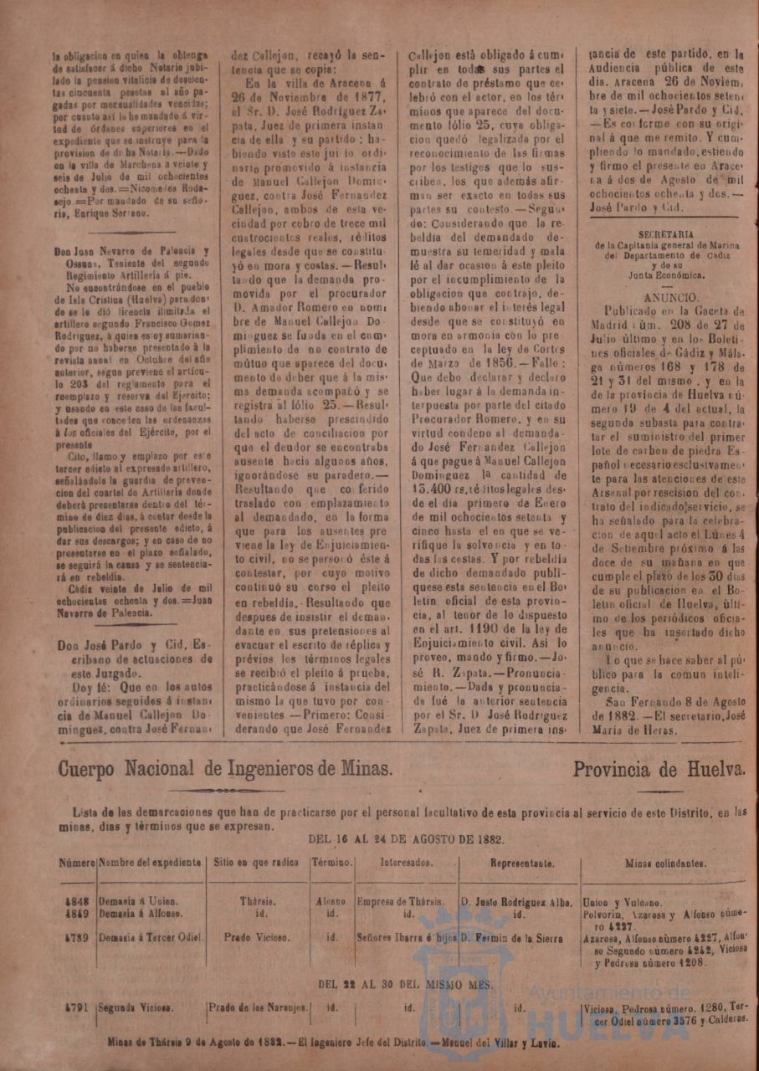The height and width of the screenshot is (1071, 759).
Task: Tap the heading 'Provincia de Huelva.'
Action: (x=659, y=768)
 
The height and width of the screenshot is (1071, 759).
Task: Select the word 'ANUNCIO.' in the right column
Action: (x=672, y=297)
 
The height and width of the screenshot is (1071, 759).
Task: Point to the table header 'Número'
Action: (x=77, y=863)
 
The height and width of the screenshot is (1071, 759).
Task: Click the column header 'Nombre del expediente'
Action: (x=151, y=863)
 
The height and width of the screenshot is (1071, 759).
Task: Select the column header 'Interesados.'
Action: (x=407, y=863)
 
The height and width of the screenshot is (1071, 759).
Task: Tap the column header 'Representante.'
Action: (x=521, y=863)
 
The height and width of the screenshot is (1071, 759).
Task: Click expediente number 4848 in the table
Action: (x=75, y=903)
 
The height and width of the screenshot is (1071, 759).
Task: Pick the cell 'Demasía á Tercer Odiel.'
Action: (x=151, y=938)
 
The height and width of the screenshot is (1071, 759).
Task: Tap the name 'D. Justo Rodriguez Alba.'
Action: (x=517, y=903)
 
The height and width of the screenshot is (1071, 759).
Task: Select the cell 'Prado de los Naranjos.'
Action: (x=259, y=1008)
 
